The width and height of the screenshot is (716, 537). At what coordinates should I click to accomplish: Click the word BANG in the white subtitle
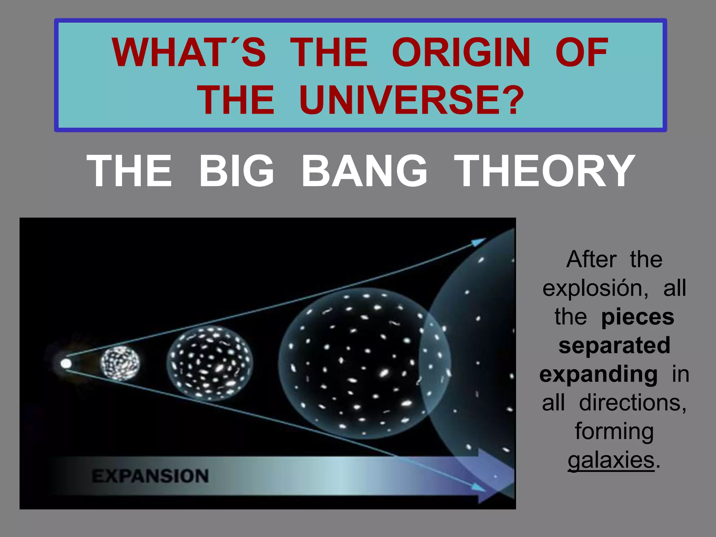364,171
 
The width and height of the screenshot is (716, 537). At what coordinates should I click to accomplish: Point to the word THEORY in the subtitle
544,171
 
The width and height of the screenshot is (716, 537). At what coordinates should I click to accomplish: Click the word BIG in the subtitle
237,171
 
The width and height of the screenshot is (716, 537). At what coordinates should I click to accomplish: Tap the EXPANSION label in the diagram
150,476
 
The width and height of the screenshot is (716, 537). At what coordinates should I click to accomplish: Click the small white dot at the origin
66,364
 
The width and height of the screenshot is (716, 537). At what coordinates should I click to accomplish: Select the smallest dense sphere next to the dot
120,363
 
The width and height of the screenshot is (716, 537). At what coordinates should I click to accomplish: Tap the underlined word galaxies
611,460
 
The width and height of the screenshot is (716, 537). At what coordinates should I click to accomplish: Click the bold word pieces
637,317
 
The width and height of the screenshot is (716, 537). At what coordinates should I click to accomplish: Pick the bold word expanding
598,374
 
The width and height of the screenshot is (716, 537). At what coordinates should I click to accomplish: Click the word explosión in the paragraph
595,289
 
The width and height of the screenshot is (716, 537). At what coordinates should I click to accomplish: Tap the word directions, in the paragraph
633,403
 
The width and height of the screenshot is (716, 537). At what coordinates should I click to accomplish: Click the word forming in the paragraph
614,432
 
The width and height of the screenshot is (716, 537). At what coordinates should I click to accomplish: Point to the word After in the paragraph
591,260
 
